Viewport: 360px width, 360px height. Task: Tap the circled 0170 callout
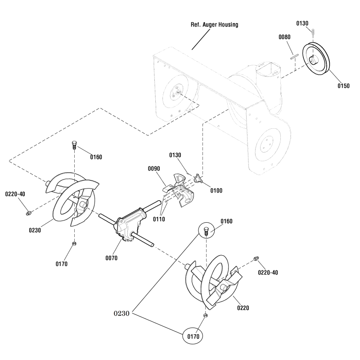click(192, 335)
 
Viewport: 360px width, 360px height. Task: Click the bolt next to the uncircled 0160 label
click(74, 146)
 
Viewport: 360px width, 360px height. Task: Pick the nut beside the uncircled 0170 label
click(74, 243)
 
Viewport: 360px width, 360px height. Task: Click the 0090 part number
click(155, 169)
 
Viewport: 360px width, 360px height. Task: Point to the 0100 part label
click(216, 191)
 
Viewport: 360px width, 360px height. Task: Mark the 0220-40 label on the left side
click(15, 194)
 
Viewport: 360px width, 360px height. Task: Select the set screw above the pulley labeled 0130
click(313, 31)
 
